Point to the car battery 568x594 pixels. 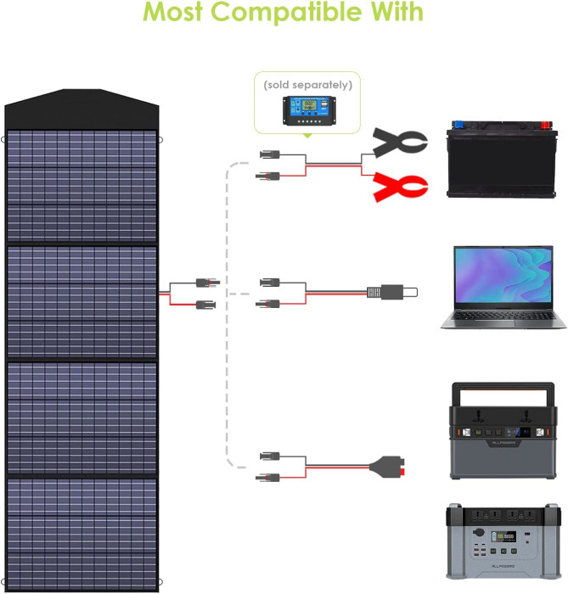click(x=501, y=164)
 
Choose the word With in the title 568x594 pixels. click(x=393, y=13)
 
